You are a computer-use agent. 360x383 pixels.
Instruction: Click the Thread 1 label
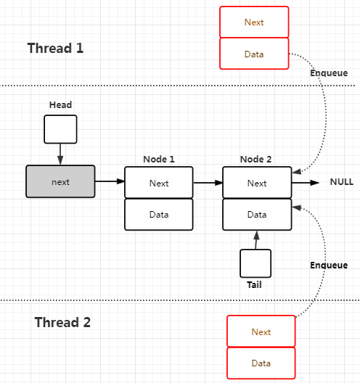point(55,48)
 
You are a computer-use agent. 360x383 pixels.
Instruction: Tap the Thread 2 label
point(62,322)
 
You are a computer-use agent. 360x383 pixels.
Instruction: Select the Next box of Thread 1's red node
point(254,22)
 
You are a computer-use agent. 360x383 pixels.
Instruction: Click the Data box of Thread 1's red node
point(254,54)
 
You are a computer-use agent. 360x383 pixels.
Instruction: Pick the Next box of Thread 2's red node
point(261,331)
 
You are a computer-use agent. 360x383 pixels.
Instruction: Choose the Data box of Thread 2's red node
point(261,363)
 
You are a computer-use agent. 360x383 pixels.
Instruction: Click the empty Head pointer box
point(60,129)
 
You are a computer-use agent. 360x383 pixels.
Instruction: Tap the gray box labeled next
point(60,181)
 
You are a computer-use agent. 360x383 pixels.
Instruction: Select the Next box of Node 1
point(159,183)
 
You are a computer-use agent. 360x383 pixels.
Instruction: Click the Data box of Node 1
point(159,215)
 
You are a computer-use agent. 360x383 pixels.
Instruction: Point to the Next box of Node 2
point(257,183)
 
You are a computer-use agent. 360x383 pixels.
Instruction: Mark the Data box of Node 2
point(257,215)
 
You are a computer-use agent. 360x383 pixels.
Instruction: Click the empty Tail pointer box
point(255,263)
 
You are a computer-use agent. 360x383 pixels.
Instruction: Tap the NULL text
point(342,182)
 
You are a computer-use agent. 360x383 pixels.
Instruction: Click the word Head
point(61,104)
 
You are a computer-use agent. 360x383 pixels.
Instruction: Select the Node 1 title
point(159,160)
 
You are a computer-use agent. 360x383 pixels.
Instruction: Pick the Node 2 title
point(256,160)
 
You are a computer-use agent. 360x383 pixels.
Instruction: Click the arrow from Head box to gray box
point(60,155)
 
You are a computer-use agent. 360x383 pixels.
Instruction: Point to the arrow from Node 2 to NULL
point(306,183)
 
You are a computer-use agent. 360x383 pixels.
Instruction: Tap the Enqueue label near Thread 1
point(329,73)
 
